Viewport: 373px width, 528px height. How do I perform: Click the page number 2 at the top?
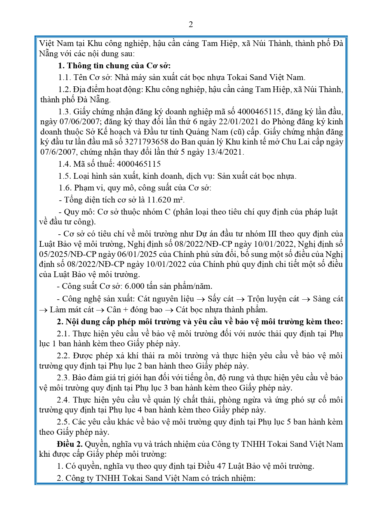tap(190, 25)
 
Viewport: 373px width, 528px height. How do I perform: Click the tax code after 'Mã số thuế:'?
tap(139, 164)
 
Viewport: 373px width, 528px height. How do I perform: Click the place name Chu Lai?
tap(295, 142)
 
